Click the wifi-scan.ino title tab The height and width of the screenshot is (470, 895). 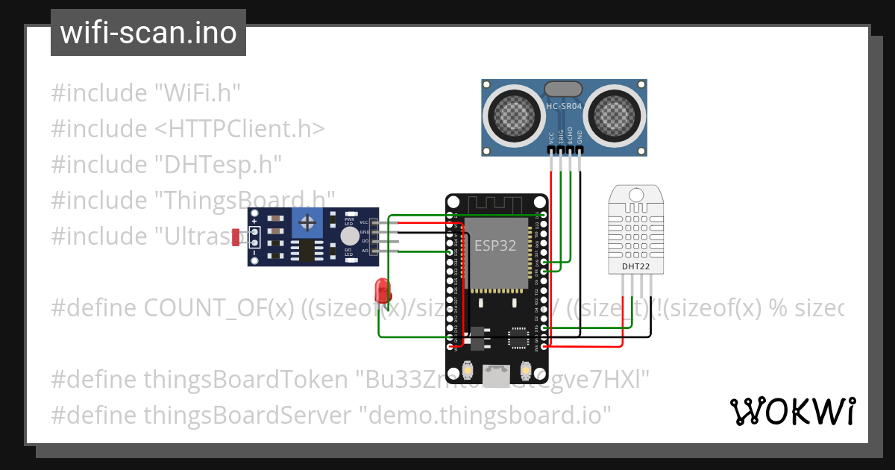click(x=148, y=33)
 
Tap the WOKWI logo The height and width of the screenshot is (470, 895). click(x=792, y=412)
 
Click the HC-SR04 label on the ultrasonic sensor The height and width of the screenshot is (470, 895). click(x=564, y=107)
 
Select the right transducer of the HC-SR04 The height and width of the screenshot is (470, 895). click(x=616, y=113)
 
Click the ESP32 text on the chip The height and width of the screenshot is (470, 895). click(x=495, y=245)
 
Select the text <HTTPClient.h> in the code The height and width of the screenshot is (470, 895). click(x=240, y=129)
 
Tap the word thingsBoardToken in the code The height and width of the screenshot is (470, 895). click(x=244, y=379)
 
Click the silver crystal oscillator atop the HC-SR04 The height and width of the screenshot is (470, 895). click(x=564, y=89)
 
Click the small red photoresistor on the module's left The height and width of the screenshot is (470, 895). click(x=236, y=238)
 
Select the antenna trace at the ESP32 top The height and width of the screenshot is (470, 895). click(x=496, y=204)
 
